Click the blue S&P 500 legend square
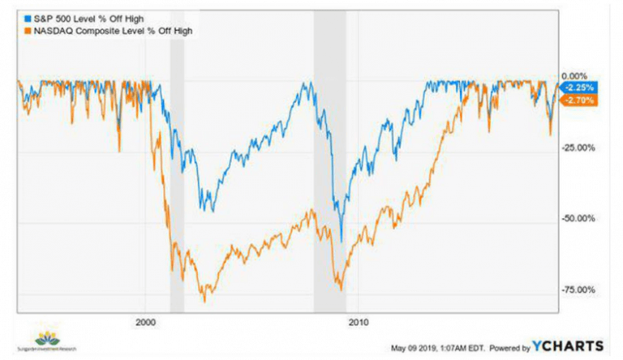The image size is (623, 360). click(23, 15)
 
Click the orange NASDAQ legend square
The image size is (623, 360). click(23, 30)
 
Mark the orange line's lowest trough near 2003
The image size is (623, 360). click(204, 301)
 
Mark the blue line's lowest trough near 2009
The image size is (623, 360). click(341, 242)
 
